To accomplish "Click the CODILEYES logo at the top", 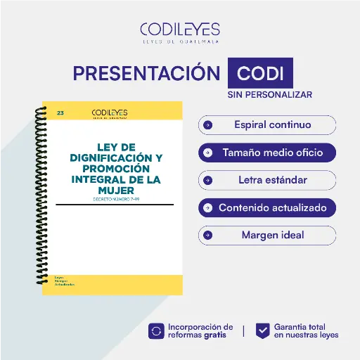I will (x=179, y=32).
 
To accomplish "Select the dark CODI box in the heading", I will (x=260, y=74).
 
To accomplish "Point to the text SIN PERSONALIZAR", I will (x=269, y=94).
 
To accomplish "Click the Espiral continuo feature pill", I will (x=267, y=125).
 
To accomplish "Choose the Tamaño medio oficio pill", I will (x=267, y=152).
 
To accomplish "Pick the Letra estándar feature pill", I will (x=267, y=180).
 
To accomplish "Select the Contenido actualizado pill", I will (x=267, y=207).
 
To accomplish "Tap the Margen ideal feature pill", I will (x=267, y=235).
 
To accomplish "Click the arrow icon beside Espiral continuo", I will (x=207, y=125).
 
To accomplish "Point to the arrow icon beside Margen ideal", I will (x=207, y=235).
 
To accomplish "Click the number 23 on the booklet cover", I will (x=60, y=112).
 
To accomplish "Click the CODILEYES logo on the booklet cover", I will (x=109, y=112).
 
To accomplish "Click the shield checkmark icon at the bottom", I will (x=262, y=330).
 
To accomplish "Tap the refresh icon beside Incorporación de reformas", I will (x=156, y=330).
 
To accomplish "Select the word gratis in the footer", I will (x=215, y=335).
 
